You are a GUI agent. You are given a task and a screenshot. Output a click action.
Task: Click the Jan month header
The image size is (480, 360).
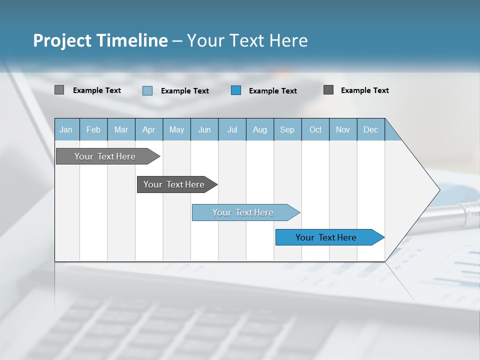tap(66, 129)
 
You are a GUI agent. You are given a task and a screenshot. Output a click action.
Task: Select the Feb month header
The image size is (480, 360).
tap(93, 129)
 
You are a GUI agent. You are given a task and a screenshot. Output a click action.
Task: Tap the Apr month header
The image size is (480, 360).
tap(149, 129)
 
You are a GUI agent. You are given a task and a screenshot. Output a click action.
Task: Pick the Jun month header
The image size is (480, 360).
tap(204, 129)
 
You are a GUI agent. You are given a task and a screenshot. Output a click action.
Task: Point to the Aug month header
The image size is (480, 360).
tap(260, 129)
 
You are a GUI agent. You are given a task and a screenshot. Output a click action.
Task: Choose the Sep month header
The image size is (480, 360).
tap(287, 129)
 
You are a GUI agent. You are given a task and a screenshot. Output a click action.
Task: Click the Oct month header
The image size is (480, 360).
tap(315, 129)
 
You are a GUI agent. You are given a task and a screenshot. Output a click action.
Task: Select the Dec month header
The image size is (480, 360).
tap(371, 129)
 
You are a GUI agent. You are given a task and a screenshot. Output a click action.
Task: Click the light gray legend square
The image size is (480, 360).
tap(59, 90)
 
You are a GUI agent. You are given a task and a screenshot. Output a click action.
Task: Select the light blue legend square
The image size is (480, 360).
tap(147, 90)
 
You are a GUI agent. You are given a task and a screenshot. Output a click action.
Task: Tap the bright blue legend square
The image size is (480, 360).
tap(236, 90)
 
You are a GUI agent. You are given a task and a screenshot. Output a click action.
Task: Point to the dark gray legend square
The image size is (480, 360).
tap(328, 90)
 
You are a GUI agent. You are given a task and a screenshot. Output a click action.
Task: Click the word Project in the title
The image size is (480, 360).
tap(62, 40)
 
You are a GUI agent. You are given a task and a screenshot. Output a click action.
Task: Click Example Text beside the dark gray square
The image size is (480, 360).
tap(364, 90)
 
